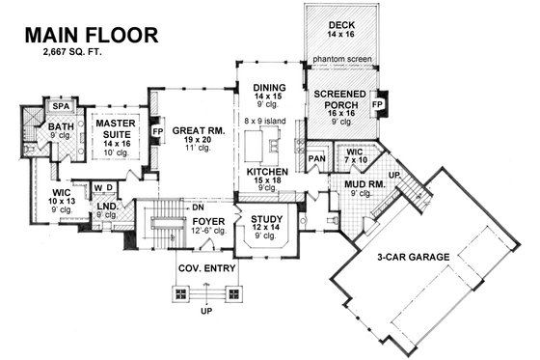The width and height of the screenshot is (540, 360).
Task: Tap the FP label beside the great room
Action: point(157,127)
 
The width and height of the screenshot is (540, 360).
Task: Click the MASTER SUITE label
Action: point(113,125)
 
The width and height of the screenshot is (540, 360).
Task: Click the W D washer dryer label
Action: point(105,187)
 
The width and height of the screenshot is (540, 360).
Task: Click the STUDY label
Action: point(266,221)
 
